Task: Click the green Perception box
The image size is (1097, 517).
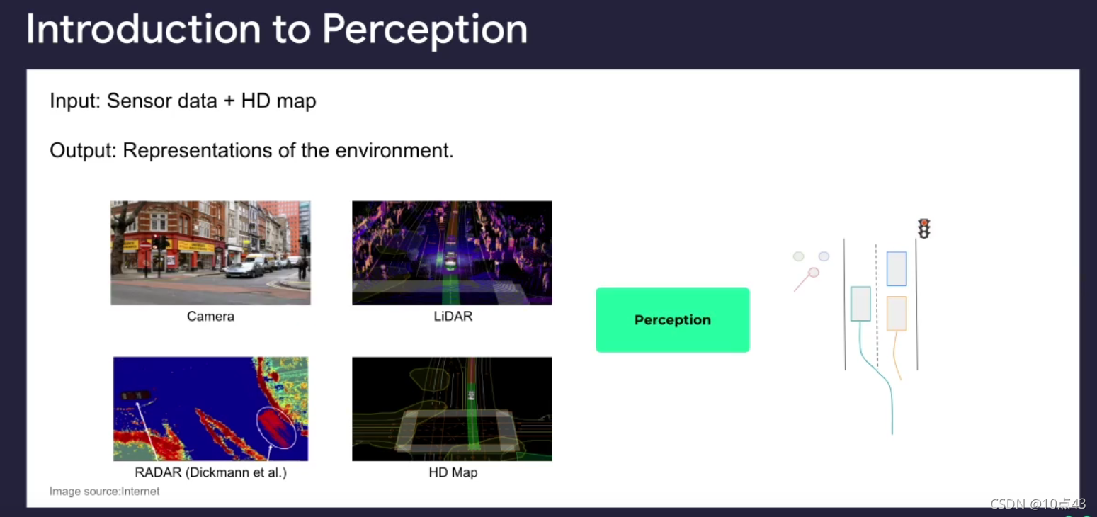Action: click(672, 319)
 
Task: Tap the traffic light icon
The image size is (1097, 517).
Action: click(923, 229)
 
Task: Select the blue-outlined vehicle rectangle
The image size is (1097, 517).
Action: click(896, 269)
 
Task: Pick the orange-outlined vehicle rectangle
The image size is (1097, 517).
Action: click(896, 313)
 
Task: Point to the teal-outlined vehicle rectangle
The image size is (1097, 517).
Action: click(860, 304)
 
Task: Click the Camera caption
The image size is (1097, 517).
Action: click(210, 317)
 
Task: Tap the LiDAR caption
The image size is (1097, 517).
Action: click(453, 317)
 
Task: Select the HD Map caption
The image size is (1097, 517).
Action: click(453, 472)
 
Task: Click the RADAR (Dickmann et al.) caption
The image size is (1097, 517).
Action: click(210, 472)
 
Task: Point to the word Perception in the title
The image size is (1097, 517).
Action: click(425, 29)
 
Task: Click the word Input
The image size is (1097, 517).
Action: click(74, 101)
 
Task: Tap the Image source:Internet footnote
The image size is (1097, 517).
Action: click(104, 491)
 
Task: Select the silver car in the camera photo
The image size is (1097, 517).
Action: click(245, 269)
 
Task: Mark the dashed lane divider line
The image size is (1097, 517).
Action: click(877, 306)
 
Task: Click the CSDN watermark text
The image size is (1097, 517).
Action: click(1038, 504)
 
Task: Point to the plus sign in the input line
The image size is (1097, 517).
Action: click(229, 101)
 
